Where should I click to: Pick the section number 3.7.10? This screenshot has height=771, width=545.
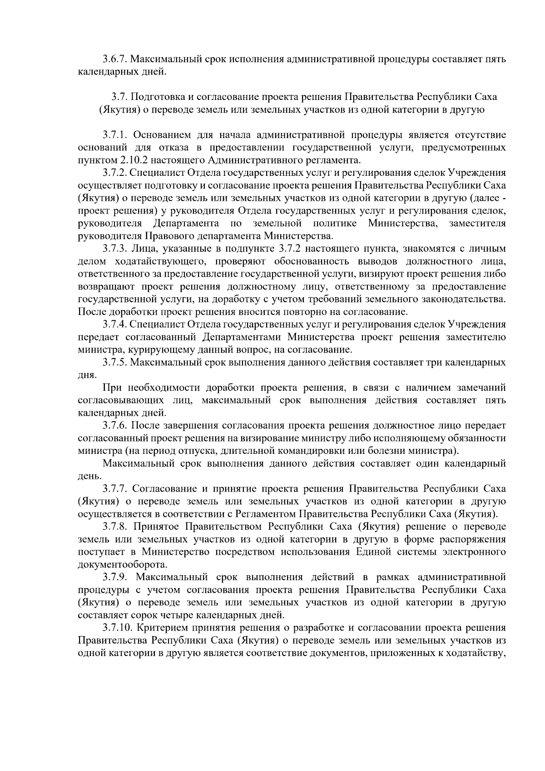coord(117,628)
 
